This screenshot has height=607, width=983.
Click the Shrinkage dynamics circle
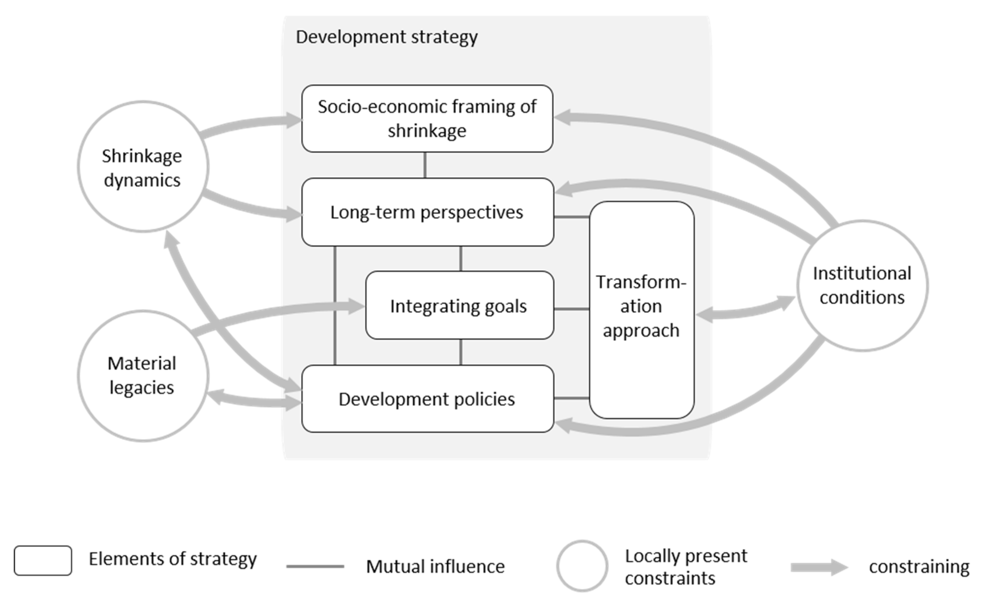tap(143, 167)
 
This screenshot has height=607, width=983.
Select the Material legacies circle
tap(143, 376)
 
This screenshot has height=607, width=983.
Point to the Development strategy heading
tap(387, 37)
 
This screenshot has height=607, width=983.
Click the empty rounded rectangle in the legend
tap(43, 560)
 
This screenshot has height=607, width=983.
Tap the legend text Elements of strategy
tap(173, 559)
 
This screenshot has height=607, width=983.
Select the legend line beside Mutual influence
tap(315, 567)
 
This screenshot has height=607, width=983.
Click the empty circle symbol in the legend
tap(582, 566)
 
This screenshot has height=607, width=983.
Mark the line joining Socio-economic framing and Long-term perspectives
tap(425, 165)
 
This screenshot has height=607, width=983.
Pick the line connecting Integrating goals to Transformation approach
tap(572, 309)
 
